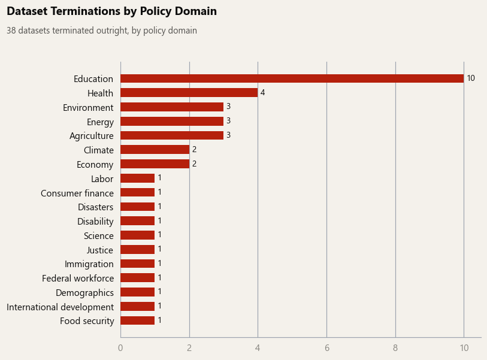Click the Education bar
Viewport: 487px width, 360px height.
pos(292,78)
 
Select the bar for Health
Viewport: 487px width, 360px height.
pos(189,93)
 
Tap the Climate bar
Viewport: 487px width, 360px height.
pos(155,149)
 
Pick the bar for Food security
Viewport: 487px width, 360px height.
pos(138,320)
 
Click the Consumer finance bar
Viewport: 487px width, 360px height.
pos(138,192)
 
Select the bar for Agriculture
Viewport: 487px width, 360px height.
pos(172,135)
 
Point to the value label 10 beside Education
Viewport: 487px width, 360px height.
pos(471,78)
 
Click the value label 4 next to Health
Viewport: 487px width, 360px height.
pos(262,93)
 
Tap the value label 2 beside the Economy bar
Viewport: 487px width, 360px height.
pos(195,164)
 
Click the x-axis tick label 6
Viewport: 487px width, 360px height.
pos(326,348)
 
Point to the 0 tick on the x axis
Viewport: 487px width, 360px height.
pos(120,348)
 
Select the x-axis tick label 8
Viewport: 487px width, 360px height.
pos(395,348)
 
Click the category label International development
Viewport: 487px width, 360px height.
pos(61,307)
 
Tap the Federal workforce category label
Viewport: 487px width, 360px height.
pos(78,279)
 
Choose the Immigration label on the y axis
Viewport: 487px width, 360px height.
pos(89,264)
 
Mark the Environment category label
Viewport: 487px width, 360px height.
pos(88,107)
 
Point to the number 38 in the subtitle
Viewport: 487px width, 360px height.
pos(11,31)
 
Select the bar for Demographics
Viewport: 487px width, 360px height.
pos(138,292)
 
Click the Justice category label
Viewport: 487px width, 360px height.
pos(99,250)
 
